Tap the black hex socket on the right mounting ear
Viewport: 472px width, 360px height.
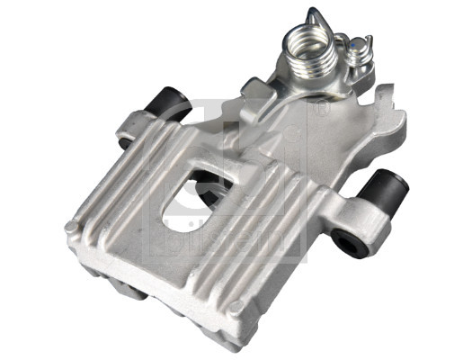coord(346,240)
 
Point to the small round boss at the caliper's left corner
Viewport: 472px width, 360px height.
coord(71,228)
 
